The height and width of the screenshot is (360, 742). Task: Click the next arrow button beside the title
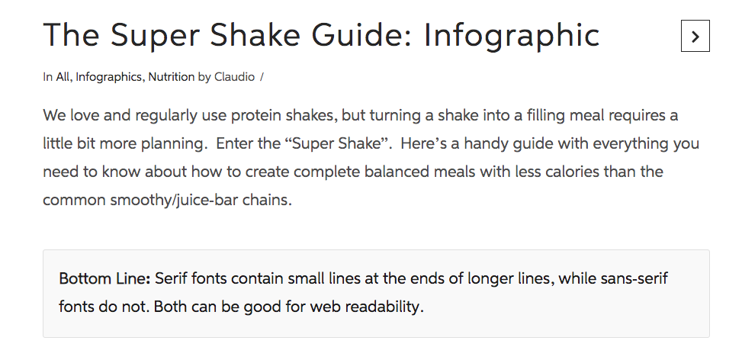pyautogui.click(x=695, y=36)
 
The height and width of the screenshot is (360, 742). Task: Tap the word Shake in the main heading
pyautogui.click(x=255, y=35)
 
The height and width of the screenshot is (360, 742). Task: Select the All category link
pyautogui.click(x=63, y=77)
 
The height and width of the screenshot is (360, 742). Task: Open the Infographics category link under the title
pyautogui.click(x=108, y=77)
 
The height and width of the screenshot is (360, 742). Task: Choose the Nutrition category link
pyautogui.click(x=172, y=77)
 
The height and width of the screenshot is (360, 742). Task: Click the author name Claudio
pyautogui.click(x=234, y=77)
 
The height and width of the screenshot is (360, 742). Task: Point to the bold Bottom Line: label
pyautogui.click(x=104, y=278)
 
